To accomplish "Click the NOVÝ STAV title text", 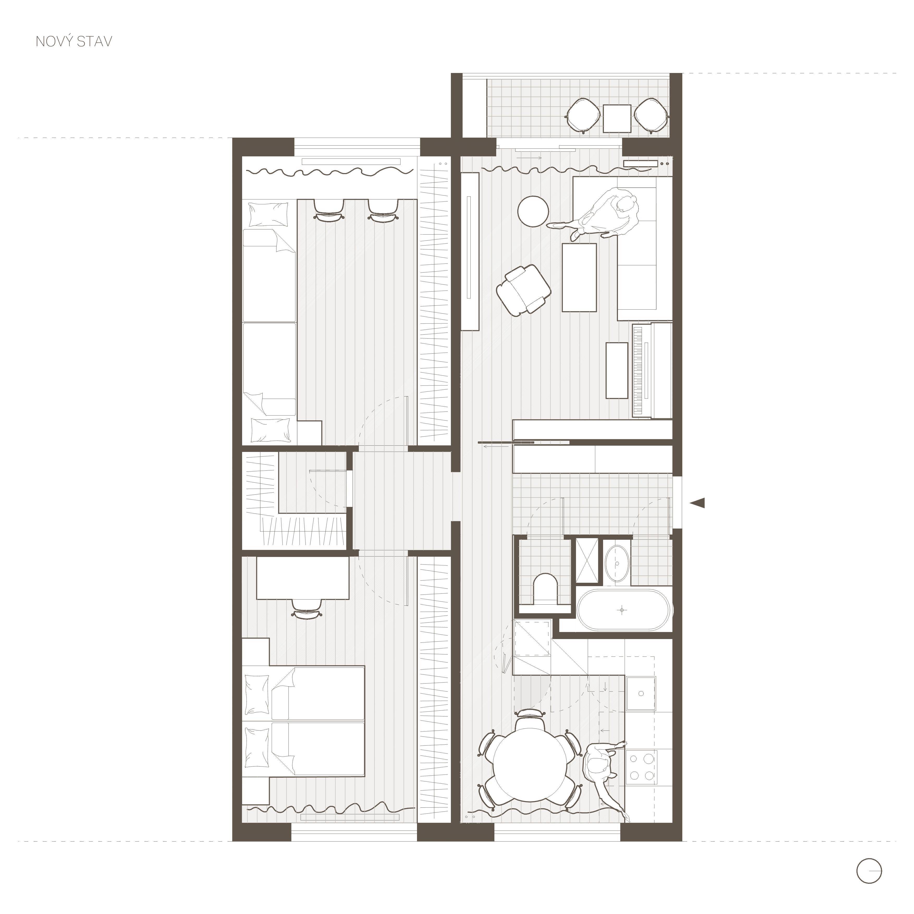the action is (x=74, y=42).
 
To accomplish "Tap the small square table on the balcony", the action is (x=617, y=118).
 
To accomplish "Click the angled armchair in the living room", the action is (x=524, y=289).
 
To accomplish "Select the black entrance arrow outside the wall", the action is (x=697, y=503).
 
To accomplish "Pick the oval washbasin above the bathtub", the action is (x=617, y=565).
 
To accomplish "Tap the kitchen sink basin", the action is (x=641, y=694).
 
